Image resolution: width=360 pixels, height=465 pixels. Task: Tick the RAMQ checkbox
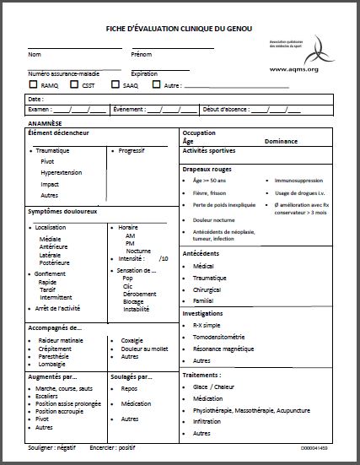coord(33,84)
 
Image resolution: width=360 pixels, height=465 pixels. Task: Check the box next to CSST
coord(75,84)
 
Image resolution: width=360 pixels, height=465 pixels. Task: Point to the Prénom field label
coord(142,55)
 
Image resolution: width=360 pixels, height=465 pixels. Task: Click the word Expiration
coord(144,73)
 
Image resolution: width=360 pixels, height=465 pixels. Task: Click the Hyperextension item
coord(61,172)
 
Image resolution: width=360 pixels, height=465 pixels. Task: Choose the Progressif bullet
coord(132,151)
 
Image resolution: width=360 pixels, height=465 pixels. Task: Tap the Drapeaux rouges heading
coord(207,169)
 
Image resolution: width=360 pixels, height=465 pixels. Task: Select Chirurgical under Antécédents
coord(209,288)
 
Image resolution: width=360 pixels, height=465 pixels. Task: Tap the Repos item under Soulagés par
coord(129,389)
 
